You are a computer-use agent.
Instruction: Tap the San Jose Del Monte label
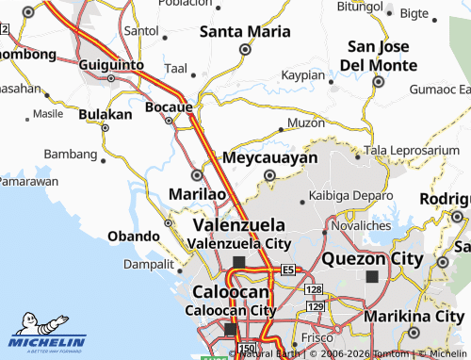point(381,56)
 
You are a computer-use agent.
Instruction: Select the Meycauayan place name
point(269,157)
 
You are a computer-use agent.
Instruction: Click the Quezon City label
point(372,258)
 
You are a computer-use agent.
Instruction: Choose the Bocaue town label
point(170,107)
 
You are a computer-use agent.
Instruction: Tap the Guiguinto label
point(111,64)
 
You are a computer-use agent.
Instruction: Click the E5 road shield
point(288,270)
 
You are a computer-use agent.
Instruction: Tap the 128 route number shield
point(315,289)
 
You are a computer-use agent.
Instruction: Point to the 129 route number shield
point(316,306)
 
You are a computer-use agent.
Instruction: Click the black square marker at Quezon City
point(373,277)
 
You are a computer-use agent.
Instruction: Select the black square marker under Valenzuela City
point(238,262)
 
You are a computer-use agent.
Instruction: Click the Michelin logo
point(47,332)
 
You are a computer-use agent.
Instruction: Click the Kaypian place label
point(302,74)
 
